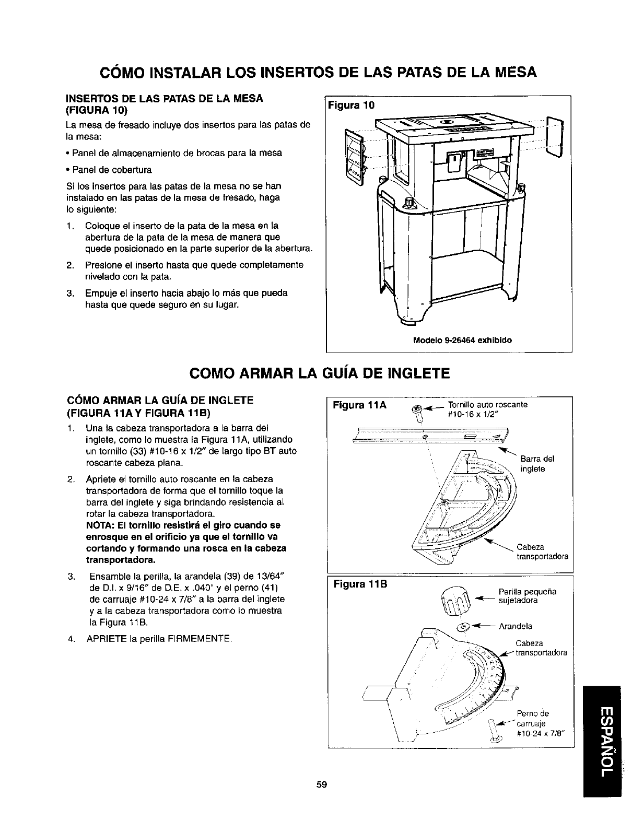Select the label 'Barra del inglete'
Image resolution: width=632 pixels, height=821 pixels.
[x=537, y=464]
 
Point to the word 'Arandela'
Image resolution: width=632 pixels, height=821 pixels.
[x=516, y=626]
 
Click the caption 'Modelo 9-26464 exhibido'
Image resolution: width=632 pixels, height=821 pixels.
[x=462, y=340]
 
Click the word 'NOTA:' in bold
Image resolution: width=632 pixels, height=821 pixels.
[x=98, y=525]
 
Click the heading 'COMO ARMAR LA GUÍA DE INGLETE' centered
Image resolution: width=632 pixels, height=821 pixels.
[x=319, y=373]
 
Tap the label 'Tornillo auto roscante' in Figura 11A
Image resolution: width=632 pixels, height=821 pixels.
[x=487, y=404]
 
